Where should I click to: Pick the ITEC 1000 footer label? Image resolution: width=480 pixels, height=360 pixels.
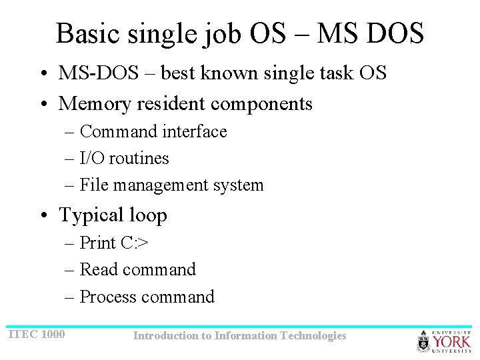(x=36, y=333)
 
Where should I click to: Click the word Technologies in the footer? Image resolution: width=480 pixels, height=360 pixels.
(x=313, y=336)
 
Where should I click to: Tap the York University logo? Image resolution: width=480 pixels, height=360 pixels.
(x=443, y=341)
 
